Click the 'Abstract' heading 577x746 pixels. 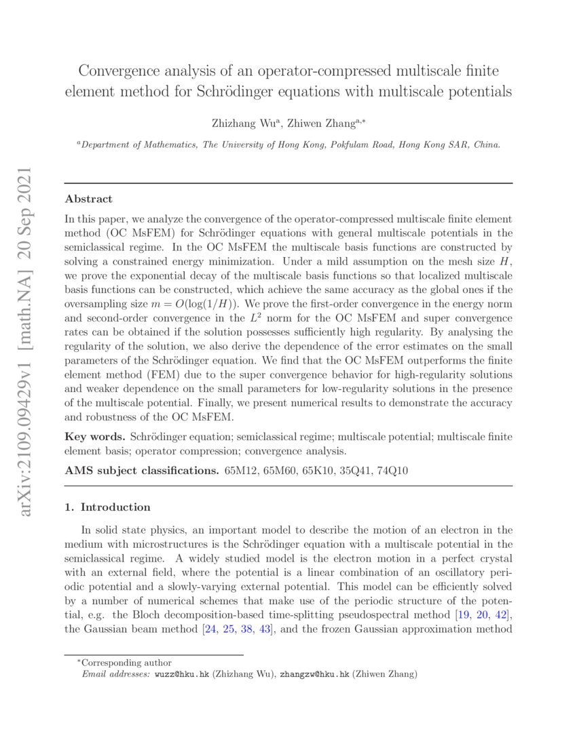point(88,199)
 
